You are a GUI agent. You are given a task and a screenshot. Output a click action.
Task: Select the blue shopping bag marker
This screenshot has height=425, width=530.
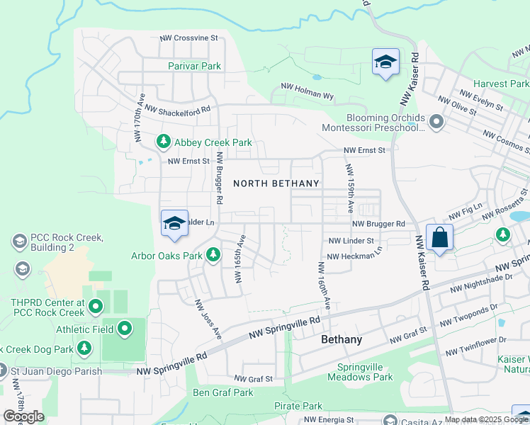coord(439,239)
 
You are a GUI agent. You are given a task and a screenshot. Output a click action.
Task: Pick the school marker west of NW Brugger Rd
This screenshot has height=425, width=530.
coord(174,224)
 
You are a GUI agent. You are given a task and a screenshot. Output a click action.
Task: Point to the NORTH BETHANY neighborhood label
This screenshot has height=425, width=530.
coord(276,183)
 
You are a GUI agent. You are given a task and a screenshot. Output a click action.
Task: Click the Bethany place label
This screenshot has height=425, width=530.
coord(342,339)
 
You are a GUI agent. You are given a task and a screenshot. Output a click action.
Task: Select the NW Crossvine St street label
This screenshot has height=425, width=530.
coord(188,38)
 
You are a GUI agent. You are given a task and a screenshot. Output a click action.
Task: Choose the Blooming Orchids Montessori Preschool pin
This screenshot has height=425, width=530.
coord(436,123)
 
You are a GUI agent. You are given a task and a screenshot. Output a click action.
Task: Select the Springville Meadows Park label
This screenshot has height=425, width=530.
coord(365,372)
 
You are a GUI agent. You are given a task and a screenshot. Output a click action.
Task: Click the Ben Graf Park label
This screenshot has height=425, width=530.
coord(223,392)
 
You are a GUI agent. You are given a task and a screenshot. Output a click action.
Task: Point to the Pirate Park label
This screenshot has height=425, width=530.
coord(298,406)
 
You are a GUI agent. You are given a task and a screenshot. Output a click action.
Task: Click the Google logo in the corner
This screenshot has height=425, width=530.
coord(23,416)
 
